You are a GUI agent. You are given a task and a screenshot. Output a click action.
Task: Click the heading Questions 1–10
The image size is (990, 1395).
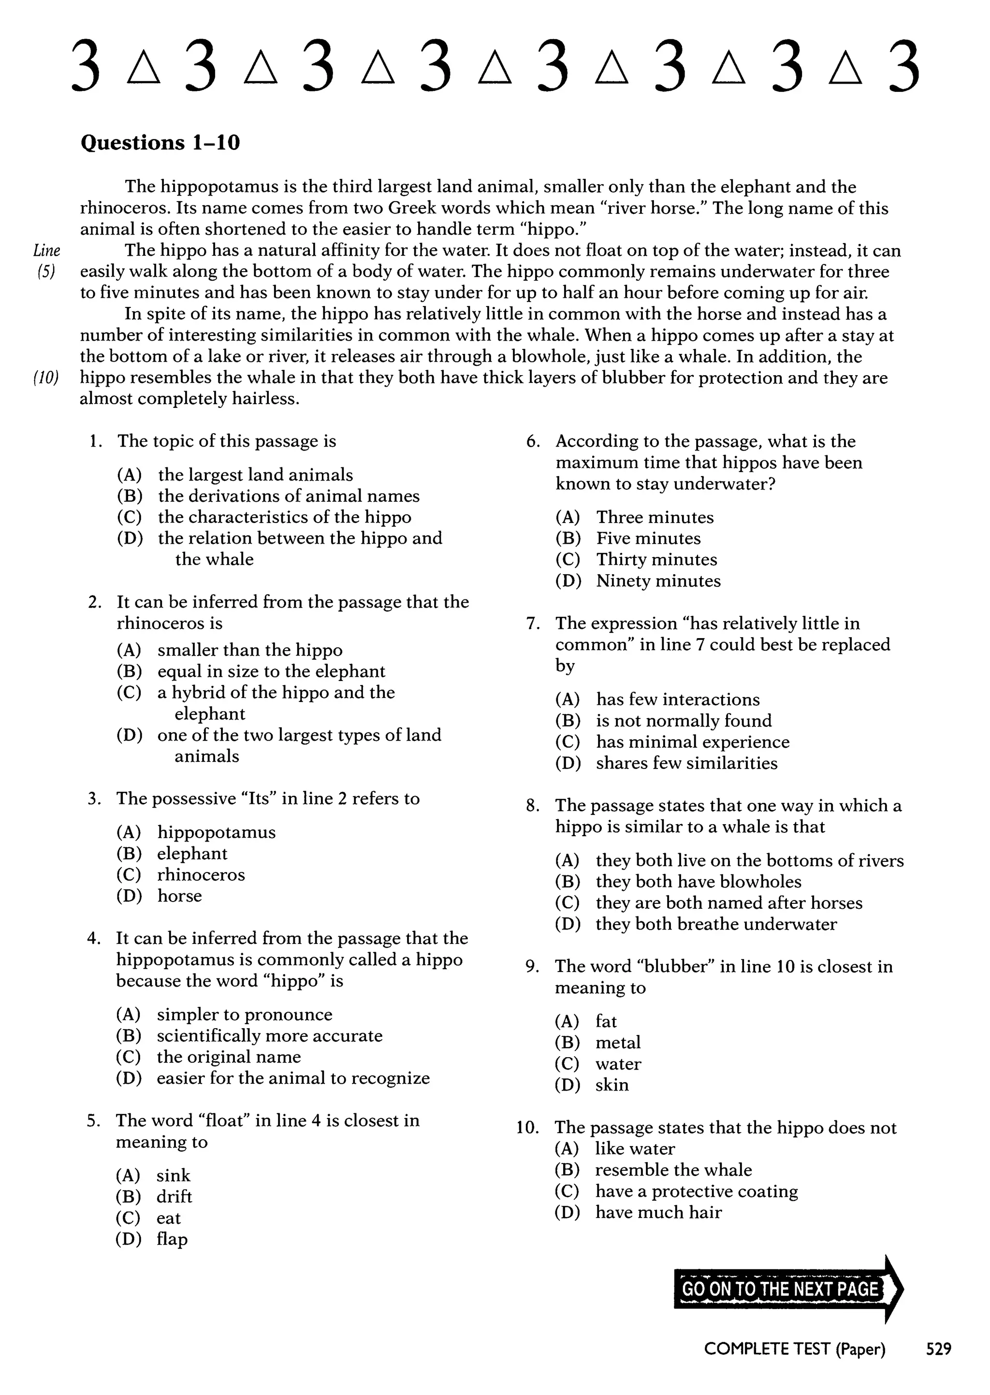160,143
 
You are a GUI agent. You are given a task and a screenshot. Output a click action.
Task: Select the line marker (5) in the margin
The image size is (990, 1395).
46,272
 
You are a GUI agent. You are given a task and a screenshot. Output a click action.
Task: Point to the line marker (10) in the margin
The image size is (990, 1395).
46,378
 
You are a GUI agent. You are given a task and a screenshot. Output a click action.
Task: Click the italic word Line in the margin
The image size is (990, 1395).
46,250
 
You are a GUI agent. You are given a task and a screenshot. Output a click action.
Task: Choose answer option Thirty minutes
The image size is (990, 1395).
656,559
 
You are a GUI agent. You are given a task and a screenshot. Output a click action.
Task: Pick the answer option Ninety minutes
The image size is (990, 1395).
658,581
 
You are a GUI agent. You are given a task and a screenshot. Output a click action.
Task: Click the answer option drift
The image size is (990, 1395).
174,1196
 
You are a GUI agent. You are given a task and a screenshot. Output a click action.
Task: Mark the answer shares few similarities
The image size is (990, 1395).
686,763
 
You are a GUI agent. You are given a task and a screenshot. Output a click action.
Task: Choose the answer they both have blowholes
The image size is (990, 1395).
698,881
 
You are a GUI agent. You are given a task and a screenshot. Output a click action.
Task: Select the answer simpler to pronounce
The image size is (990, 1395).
245,1014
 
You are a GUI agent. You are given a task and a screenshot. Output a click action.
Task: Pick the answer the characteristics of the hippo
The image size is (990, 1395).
284,517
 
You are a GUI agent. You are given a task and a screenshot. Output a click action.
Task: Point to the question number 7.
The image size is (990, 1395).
533,624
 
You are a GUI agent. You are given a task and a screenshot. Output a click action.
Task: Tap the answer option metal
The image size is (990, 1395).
617,1042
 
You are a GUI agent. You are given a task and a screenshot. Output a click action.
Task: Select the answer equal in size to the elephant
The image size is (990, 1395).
271,671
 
